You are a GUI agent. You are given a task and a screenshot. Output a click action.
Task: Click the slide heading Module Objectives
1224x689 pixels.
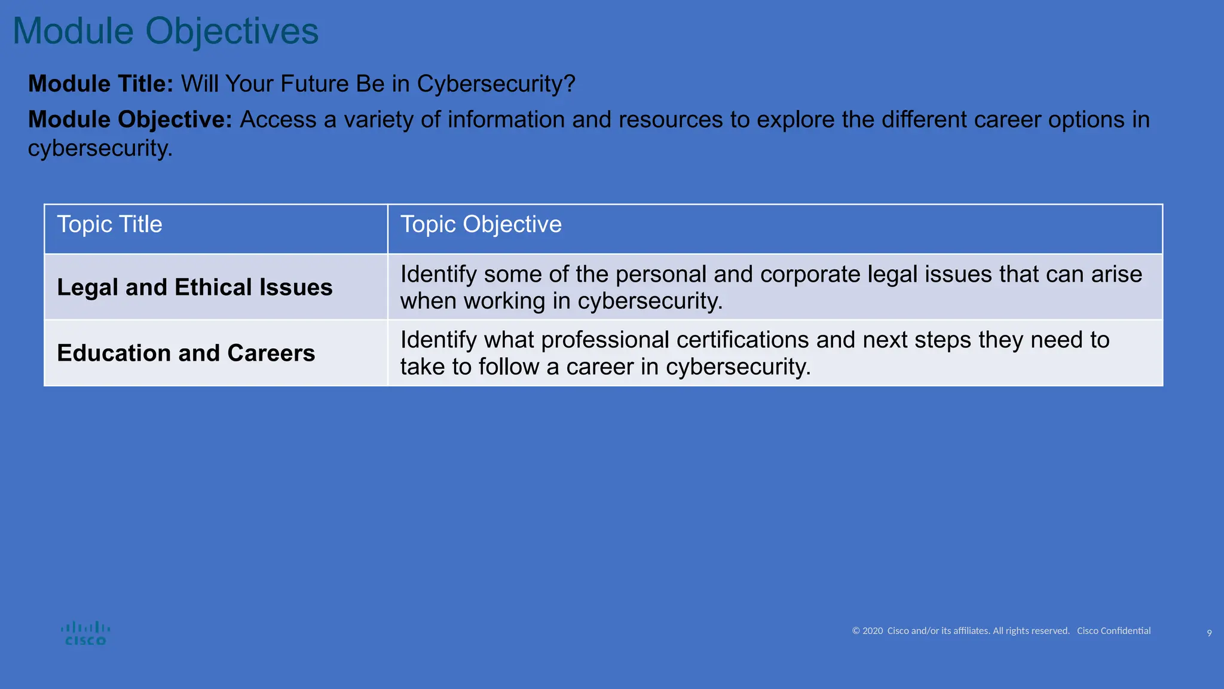pos(166,31)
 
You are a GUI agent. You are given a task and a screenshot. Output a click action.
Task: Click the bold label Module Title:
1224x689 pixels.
pos(100,84)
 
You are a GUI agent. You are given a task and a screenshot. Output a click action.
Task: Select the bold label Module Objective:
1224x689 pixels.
pos(130,120)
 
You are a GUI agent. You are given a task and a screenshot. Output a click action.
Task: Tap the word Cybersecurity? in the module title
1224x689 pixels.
pos(495,84)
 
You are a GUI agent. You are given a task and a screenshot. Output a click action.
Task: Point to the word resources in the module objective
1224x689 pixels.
pos(671,120)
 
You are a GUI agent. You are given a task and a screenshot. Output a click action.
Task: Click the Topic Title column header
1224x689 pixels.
pos(109,224)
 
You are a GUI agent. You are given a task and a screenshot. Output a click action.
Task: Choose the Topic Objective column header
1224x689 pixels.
pos(481,224)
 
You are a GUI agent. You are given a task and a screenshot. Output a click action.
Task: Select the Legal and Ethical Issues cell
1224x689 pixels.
pos(194,287)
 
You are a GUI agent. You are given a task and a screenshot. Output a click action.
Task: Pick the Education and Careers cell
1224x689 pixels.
pos(186,353)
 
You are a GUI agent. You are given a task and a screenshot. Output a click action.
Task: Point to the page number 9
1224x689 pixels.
pos(1209,633)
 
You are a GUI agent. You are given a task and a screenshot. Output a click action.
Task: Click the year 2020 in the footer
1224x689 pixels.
pos(873,631)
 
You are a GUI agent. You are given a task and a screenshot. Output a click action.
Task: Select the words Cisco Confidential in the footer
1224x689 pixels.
pos(1113,631)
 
